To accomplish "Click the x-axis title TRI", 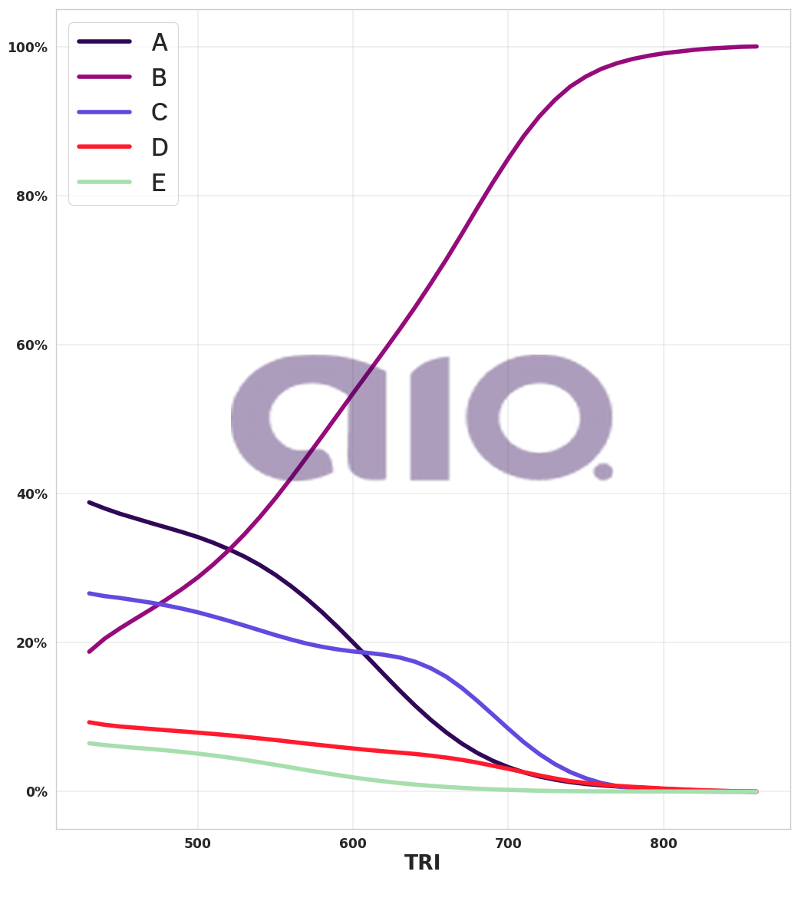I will [422, 863].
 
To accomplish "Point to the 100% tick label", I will [28, 48].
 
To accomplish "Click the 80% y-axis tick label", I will [31, 196].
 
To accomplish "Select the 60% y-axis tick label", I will [31, 345].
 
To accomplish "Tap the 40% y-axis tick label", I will [31, 494].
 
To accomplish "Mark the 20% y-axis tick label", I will [31, 643].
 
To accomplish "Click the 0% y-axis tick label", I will [36, 792].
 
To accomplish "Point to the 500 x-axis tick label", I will [198, 844].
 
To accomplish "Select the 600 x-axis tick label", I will [353, 844].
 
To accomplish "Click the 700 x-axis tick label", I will [508, 844].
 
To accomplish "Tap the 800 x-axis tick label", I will [663, 844].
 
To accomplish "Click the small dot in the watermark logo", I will [603, 471].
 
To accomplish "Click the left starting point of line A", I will [89, 503].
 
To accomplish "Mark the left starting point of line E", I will [89, 743].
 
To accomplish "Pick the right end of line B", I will [757, 47].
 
